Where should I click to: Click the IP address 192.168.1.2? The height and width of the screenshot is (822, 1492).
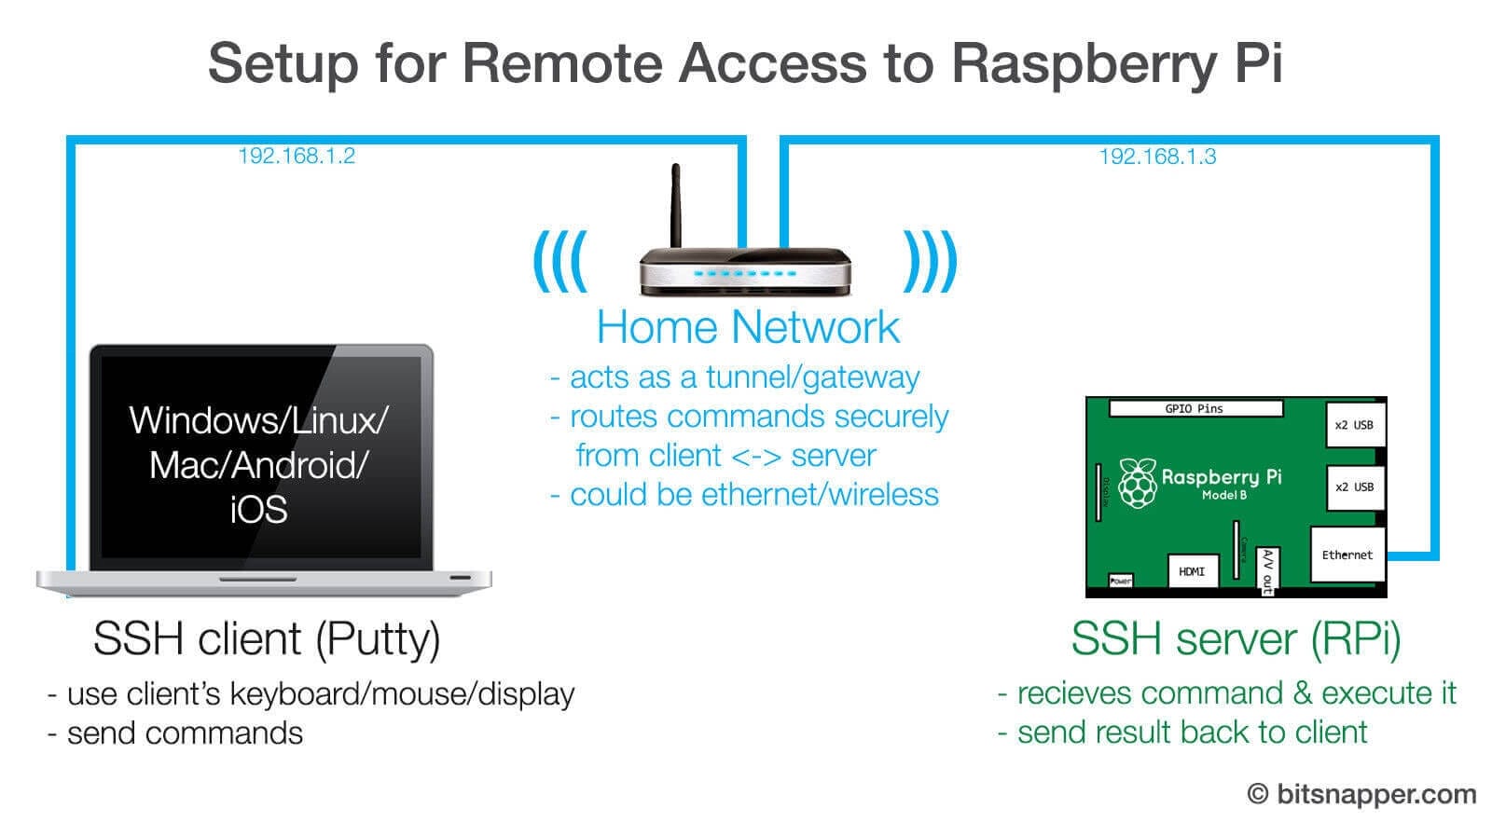(297, 156)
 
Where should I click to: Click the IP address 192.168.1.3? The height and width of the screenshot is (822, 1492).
(1157, 157)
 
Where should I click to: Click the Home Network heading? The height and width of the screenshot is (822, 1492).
(747, 327)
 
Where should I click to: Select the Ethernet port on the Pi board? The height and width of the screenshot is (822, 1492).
(1347, 555)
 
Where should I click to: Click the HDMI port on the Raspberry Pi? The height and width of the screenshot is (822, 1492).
(1191, 570)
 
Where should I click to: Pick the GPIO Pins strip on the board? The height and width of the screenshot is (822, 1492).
(1195, 408)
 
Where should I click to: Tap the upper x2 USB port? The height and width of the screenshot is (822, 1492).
(1354, 425)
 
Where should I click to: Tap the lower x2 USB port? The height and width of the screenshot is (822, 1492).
(1354, 486)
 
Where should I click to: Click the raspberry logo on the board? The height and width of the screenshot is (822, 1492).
(1137, 483)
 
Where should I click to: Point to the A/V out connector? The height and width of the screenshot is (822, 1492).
(1266, 570)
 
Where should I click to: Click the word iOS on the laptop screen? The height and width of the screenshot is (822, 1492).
(258, 510)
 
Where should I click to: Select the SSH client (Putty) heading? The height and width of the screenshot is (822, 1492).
(267, 639)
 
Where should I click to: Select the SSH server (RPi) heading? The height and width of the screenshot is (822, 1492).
(1235, 639)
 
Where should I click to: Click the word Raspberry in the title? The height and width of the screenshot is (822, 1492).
(1084, 63)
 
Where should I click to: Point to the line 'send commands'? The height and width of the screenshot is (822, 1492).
(185, 733)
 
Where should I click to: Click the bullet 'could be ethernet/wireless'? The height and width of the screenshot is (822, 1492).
(753, 495)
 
